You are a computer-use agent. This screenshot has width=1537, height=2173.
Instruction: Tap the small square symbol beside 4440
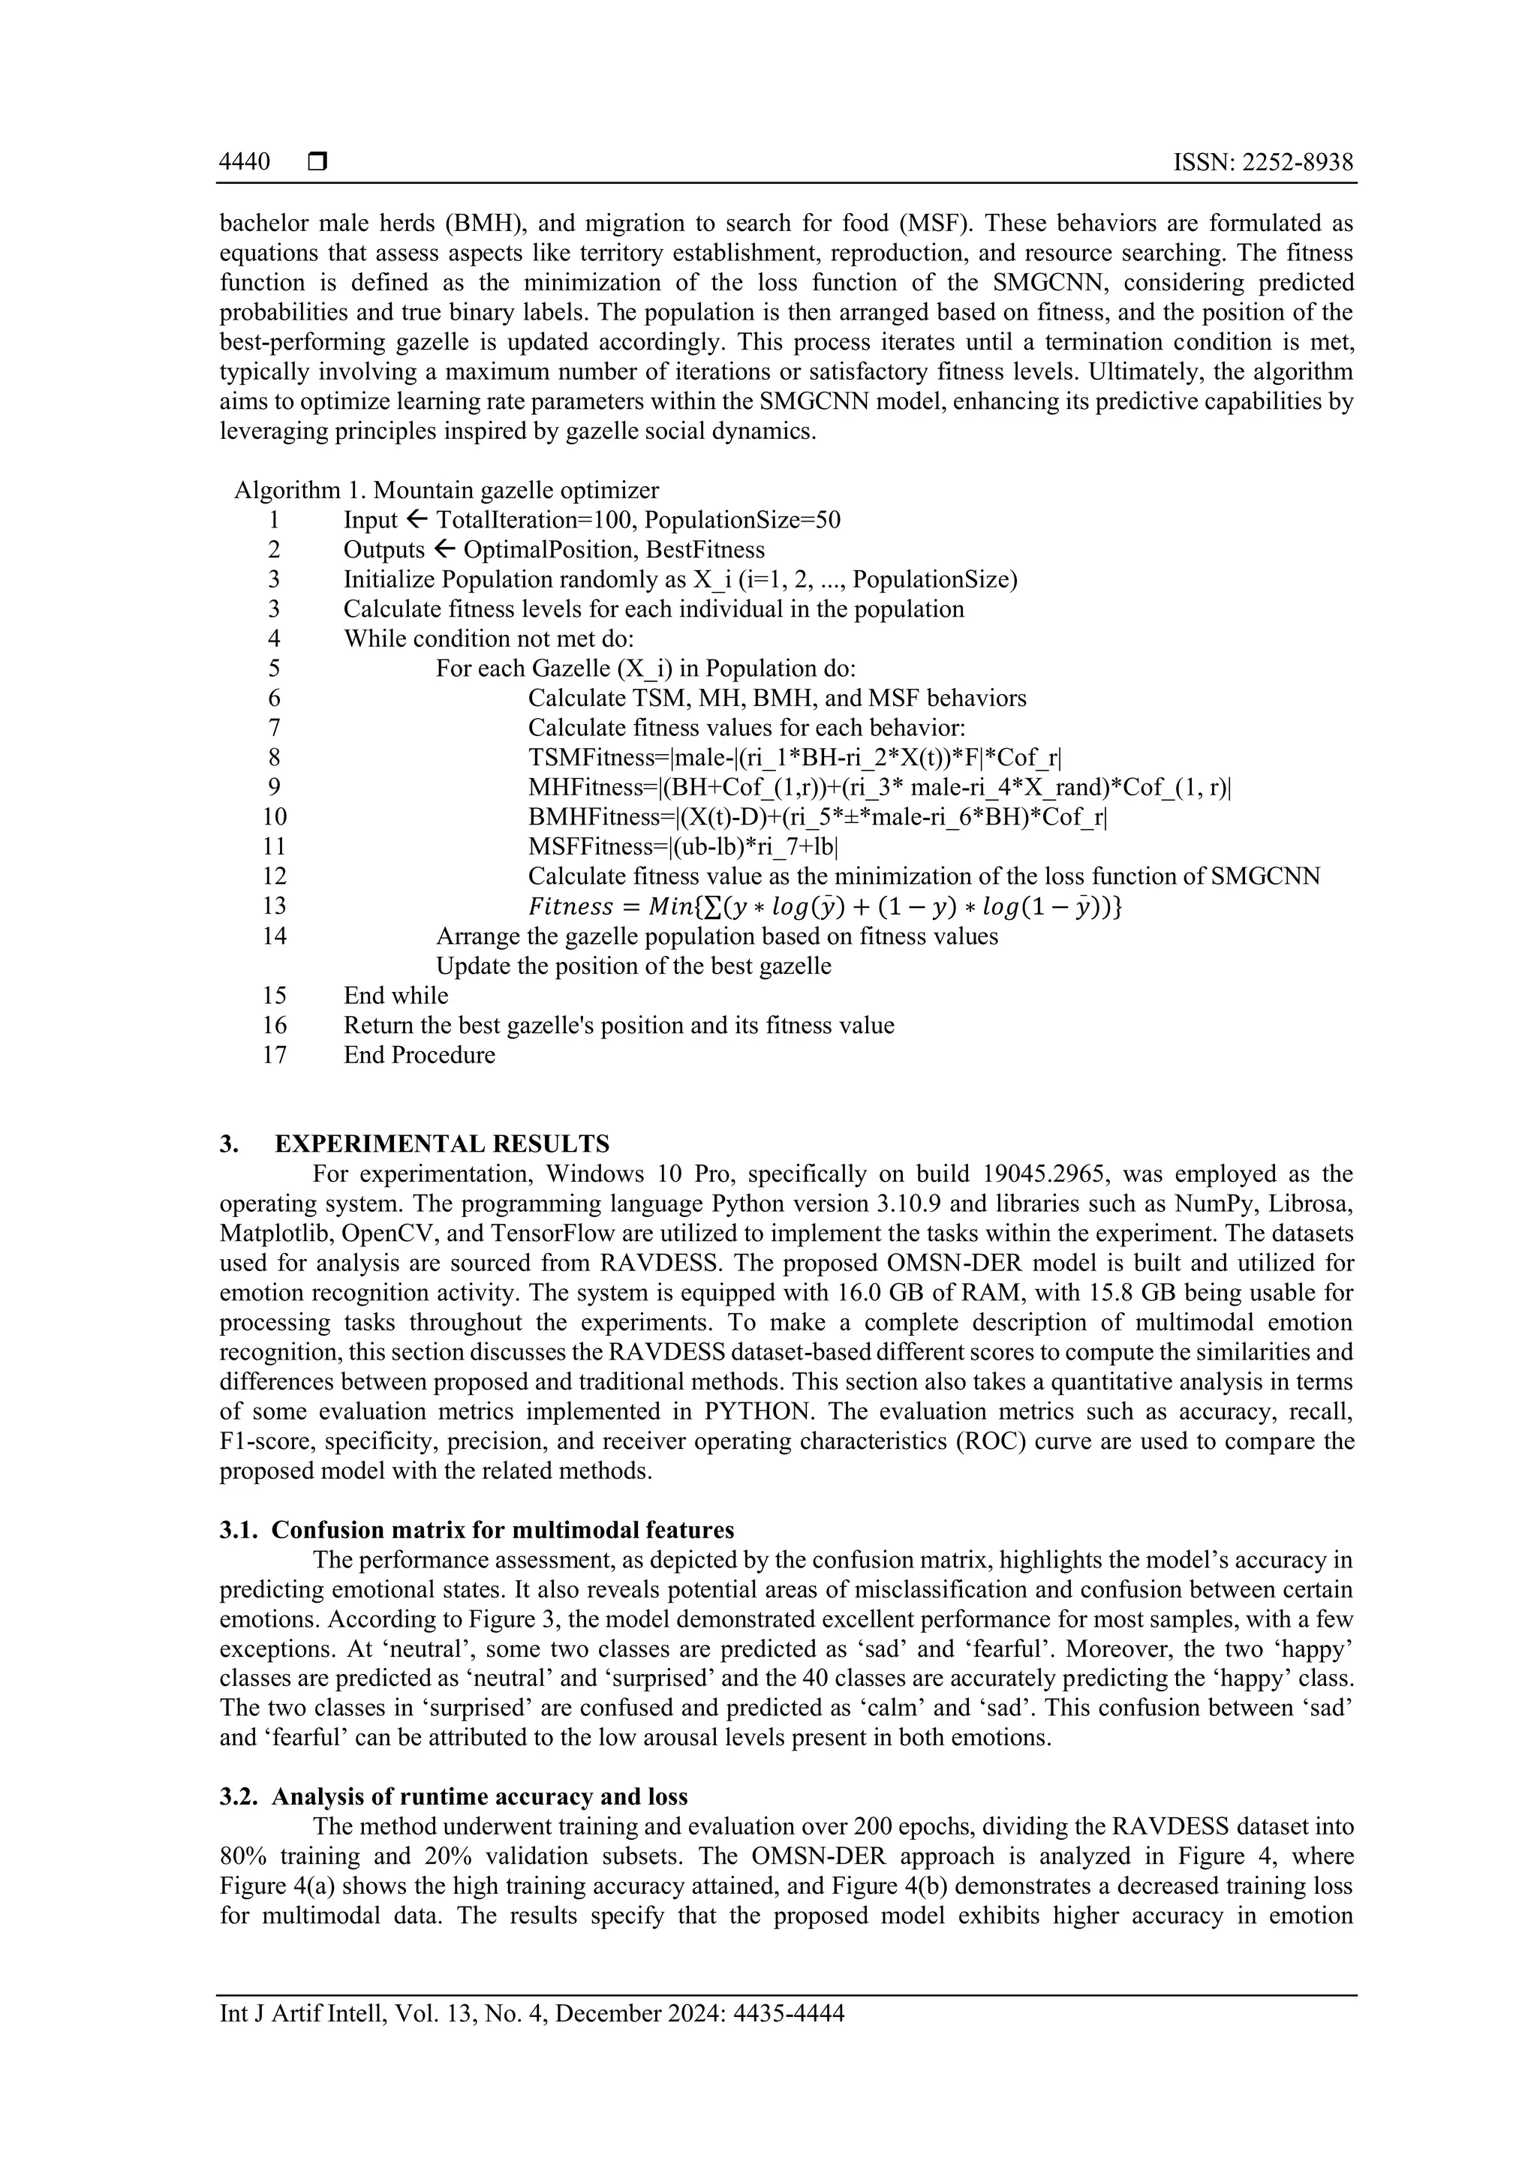pyautogui.click(x=317, y=162)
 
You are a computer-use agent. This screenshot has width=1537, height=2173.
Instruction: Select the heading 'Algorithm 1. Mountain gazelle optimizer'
pyautogui.click(x=447, y=490)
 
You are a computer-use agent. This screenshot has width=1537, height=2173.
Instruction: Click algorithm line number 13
pyautogui.click(x=275, y=906)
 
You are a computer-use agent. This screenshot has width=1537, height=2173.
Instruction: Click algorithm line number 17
pyautogui.click(x=275, y=1054)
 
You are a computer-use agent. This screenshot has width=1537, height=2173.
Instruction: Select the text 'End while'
pyautogui.click(x=396, y=995)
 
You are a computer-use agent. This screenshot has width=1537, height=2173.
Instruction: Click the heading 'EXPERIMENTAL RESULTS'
pyautogui.click(x=442, y=1144)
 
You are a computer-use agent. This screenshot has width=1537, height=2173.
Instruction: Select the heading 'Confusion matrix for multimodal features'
pyautogui.click(x=503, y=1531)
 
